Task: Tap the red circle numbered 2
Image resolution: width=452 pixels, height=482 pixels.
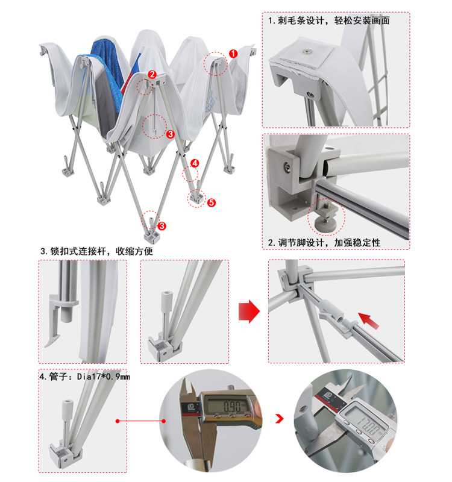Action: tap(152, 74)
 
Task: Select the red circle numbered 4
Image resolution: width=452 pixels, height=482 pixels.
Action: tap(195, 163)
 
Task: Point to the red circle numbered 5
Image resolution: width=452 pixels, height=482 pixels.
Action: tap(211, 202)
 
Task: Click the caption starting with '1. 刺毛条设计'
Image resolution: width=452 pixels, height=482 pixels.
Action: tap(329, 20)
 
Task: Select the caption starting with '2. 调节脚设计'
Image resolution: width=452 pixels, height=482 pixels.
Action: tap(324, 243)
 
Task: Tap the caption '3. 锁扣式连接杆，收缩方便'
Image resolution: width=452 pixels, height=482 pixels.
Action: tap(96, 251)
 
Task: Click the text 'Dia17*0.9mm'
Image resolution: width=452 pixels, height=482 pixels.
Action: tap(103, 377)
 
